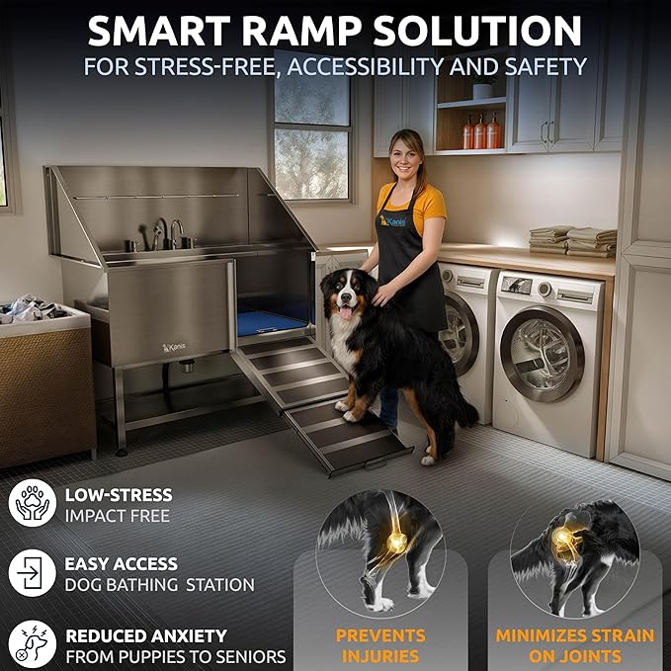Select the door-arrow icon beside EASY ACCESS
click(x=32, y=573)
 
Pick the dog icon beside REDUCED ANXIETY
click(x=32, y=643)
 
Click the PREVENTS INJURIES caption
click(x=380, y=645)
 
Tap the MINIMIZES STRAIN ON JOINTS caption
click(x=573, y=645)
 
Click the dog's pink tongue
click(x=345, y=313)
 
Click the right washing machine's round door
click(x=544, y=354)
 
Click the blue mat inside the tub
click(x=268, y=320)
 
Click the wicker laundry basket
click(x=44, y=385)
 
